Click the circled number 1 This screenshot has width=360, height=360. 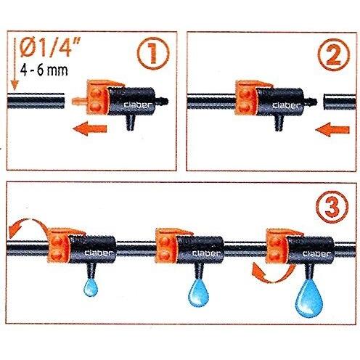point(153,54)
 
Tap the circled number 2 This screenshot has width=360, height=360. point(334,54)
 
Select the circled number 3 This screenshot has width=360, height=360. point(332,207)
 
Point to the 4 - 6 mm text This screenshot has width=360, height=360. point(44,70)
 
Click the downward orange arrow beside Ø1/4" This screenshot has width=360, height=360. point(15,64)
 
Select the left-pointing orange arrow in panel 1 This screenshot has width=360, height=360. point(90,128)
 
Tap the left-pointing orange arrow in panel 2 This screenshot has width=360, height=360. point(332,130)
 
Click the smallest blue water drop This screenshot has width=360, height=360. point(91,287)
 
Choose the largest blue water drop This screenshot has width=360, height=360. point(309,298)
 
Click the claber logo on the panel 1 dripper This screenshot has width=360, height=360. point(137,105)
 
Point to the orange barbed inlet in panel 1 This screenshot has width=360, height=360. point(79,100)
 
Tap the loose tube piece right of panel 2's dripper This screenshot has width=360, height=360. point(340,102)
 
